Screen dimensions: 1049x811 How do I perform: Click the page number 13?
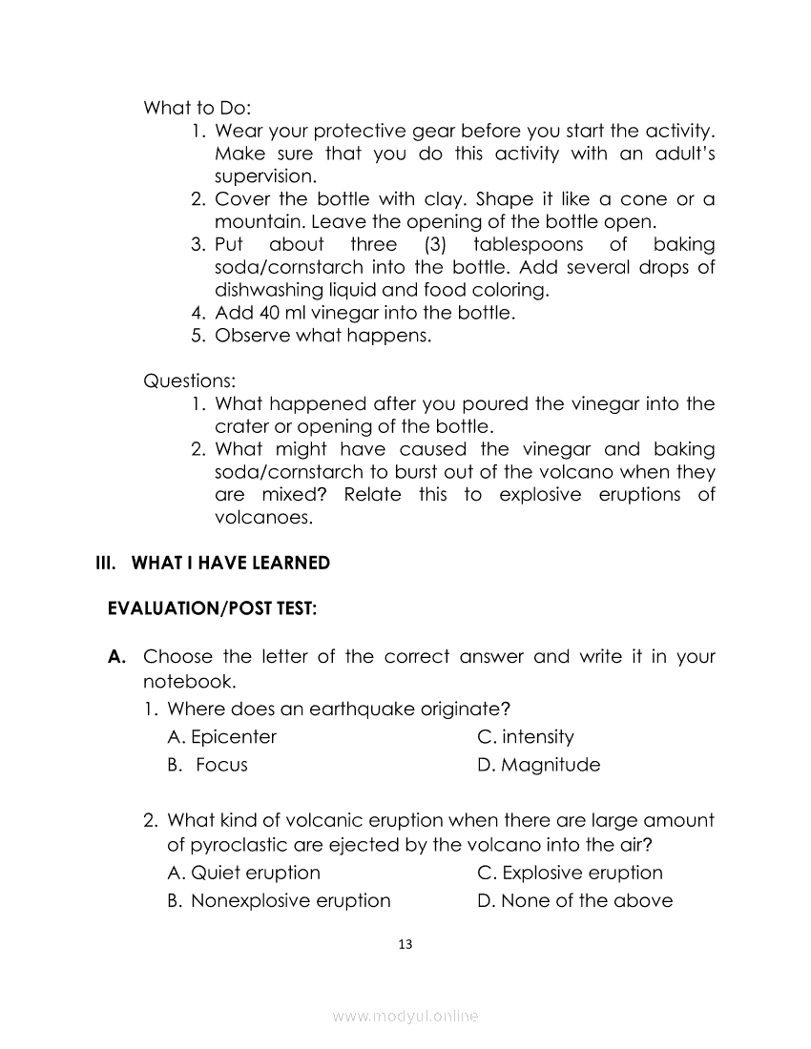pyautogui.click(x=405, y=944)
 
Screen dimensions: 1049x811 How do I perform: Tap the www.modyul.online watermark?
pyautogui.click(x=405, y=1017)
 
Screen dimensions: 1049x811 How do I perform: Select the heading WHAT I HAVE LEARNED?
pyautogui.click(x=230, y=563)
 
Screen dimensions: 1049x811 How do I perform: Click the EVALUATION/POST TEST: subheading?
pyautogui.click(x=212, y=608)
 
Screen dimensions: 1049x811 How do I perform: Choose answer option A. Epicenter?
pyautogui.click(x=221, y=737)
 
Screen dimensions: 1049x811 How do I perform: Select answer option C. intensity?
pyautogui.click(x=525, y=737)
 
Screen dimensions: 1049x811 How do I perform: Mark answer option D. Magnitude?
pyautogui.click(x=538, y=765)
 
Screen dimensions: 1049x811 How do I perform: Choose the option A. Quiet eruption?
pyautogui.click(x=243, y=873)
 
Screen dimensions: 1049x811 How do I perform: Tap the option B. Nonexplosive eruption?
pyautogui.click(x=279, y=900)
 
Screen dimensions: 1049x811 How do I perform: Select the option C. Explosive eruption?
pyautogui.click(x=569, y=873)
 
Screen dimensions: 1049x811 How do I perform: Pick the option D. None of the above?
pyautogui.click(x=574, y=900)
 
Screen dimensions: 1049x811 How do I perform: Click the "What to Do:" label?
pyautogui.click(x=197, y=108)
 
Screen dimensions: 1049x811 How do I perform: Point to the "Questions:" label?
pyautogui.click(x=189, y=381)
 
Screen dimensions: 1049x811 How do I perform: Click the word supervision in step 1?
pyautogui.click(x=262, y=176)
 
